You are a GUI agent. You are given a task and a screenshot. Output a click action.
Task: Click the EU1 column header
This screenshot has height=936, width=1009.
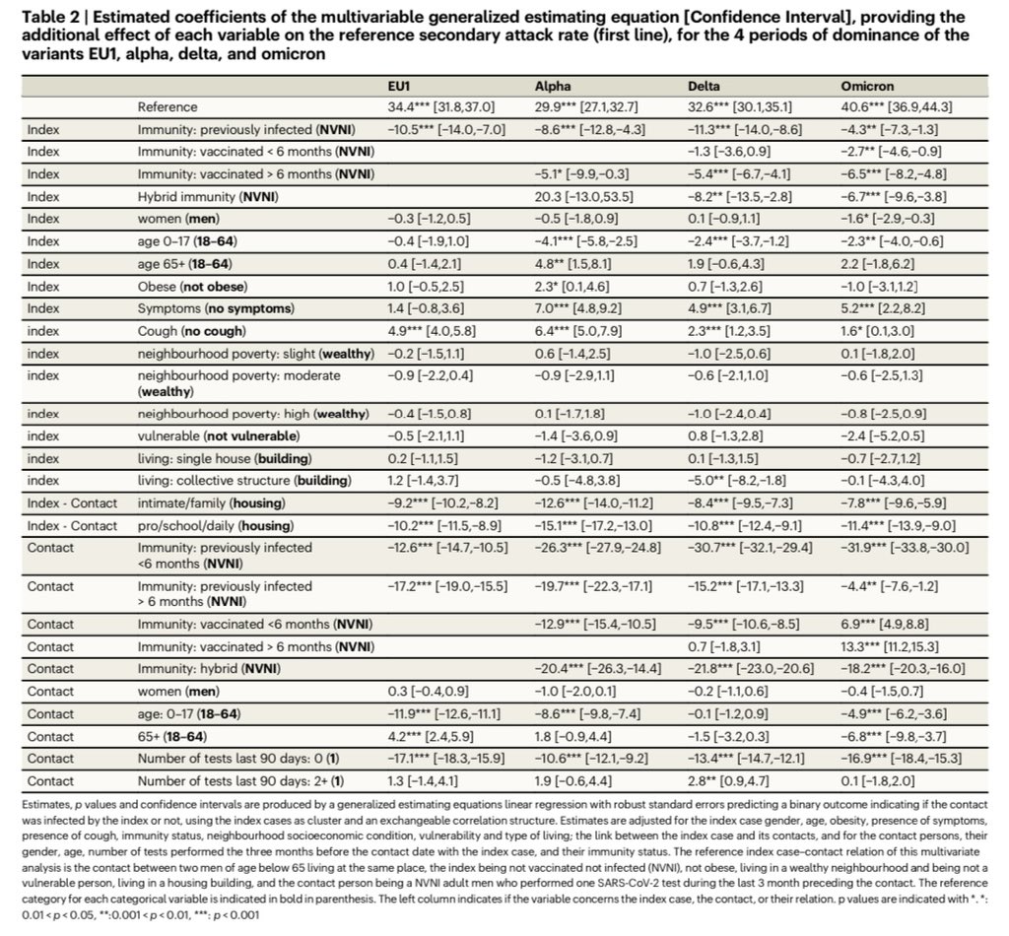pyautogui.click(x=398, y=87)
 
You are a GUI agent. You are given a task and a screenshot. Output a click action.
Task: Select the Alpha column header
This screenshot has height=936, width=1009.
pyautogui.click(x=550, y=87)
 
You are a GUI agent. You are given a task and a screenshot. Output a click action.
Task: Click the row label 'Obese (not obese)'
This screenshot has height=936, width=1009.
pyautogui.click(x=192, y=287)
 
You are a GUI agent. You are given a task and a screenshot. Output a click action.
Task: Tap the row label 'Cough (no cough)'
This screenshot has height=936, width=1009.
pyautogui.click(x=192, y=331)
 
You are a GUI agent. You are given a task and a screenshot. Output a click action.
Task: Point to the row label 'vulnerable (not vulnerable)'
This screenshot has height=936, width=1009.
pyautogui.click(x=219, y=435)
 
